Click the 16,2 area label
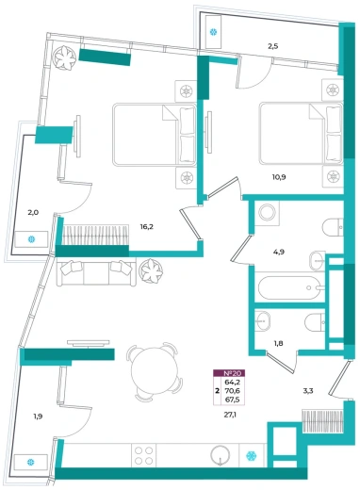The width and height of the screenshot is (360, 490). pos(146,227)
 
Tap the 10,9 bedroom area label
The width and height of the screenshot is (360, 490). pos(279,177)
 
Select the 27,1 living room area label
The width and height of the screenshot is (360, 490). pos(230,415)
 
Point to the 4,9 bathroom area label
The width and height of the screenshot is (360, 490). pos(278,252)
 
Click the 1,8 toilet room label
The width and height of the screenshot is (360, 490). pos(279,343)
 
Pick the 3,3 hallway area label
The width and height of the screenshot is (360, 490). pos(308,391)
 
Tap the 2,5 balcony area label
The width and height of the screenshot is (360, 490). pos(272,46)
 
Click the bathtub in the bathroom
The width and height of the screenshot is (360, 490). pos(289,287)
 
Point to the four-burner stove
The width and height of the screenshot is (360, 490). pos(144,455)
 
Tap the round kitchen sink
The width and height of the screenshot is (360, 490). pos(221,455)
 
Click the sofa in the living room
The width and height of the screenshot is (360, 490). pos(96,271)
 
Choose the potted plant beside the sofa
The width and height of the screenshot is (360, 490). pos(152,271)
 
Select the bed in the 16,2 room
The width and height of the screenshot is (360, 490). pos(155,135)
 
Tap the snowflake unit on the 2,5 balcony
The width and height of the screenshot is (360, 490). pos(213,32)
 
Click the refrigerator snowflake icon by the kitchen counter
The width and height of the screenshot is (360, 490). pos(251,455)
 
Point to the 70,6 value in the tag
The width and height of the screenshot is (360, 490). pos(233,391)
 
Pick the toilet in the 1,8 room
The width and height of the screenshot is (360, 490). pos(315,322)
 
